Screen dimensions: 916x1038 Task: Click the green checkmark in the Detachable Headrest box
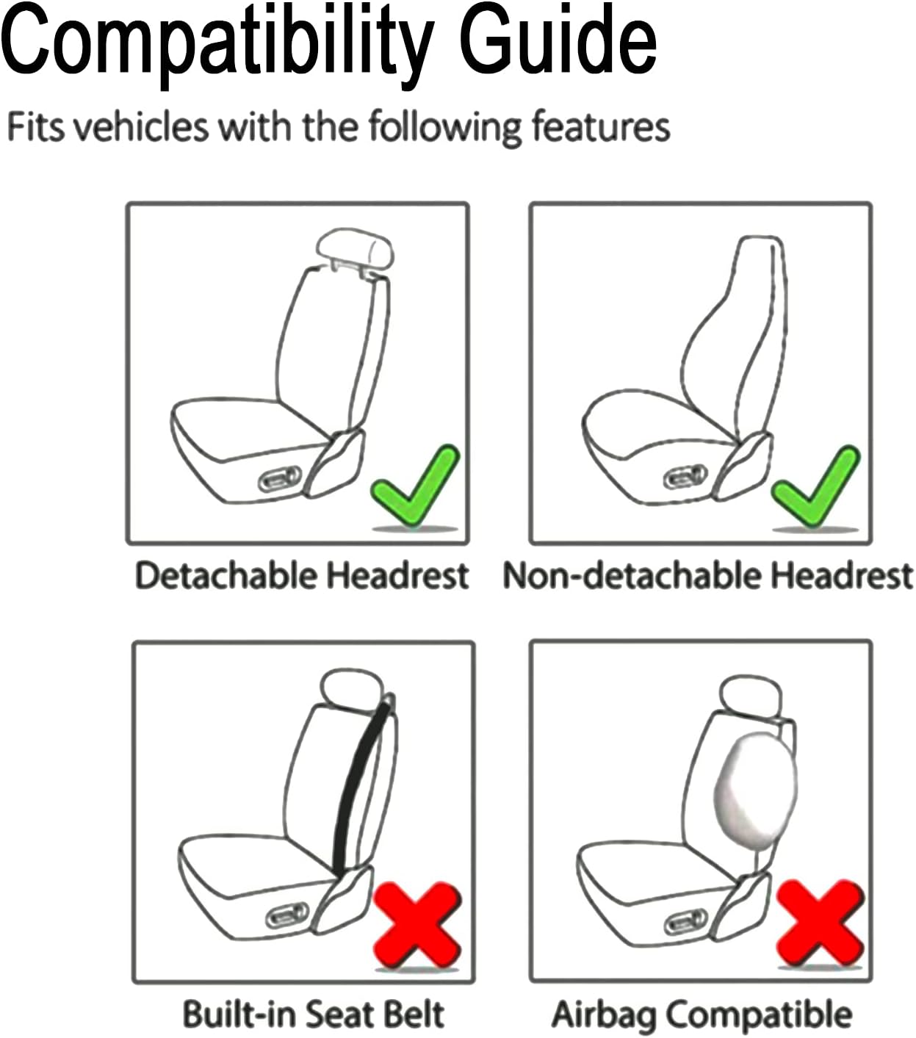(415, 488)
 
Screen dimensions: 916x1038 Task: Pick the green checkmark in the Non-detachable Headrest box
(815, 488)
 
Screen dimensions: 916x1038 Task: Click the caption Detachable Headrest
(302, 575)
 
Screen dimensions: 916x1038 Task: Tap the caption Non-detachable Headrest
(707, 575)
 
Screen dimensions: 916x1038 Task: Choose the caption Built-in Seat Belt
(313, 1014)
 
